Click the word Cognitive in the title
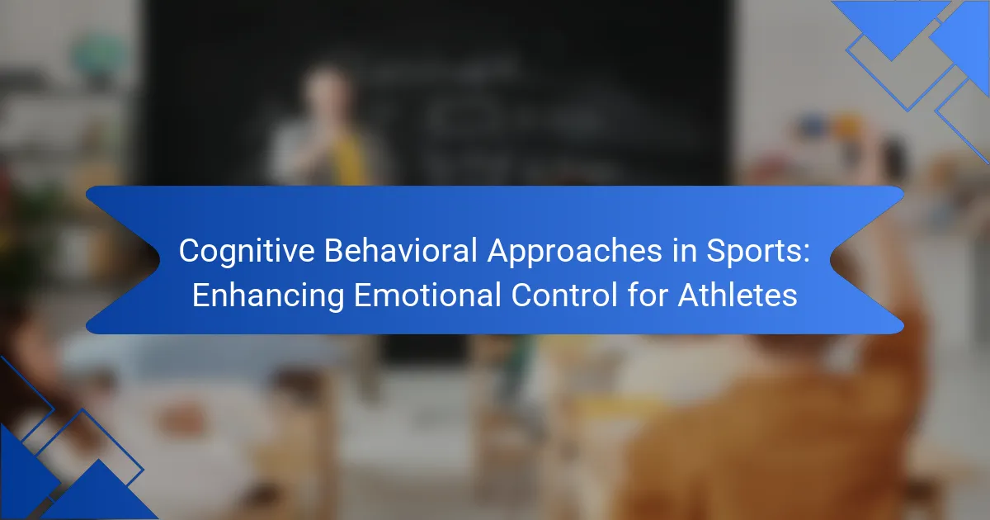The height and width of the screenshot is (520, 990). (x=247, y=252)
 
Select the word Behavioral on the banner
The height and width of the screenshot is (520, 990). (x=401, y=250)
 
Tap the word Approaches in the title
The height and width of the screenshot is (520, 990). (x=574, y=252)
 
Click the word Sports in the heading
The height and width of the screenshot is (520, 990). (x=753, y=252)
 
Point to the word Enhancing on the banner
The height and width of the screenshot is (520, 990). (x=268, y=296)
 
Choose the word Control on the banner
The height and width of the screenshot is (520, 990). (x=564, y=295)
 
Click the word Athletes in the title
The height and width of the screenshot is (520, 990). (x=738, y=295)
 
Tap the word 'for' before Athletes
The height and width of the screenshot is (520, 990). (x=648, y=295)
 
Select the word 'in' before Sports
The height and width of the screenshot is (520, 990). (x=685, y=250)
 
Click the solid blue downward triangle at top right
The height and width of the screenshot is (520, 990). (x=892, y=30)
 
